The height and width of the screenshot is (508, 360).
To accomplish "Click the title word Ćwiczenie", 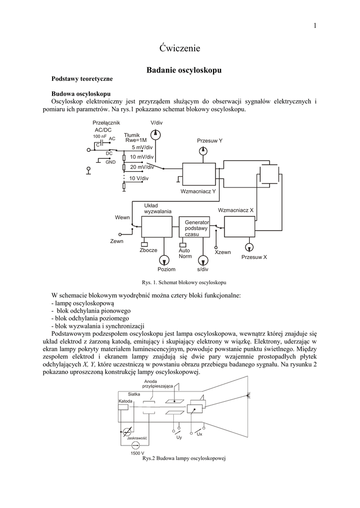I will [180, 48].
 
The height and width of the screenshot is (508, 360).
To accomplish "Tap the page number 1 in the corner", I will [315, 26].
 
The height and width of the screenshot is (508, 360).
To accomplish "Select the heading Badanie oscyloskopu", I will [184, 70].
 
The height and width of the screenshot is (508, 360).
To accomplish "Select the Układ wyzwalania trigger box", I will [156, 227].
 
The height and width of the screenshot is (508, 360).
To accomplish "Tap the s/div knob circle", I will [202, 259].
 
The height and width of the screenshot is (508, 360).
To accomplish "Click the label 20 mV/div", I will [143, 167].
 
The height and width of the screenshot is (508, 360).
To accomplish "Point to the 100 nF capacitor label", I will [99, 136].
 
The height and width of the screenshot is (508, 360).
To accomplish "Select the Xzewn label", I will [222, 253].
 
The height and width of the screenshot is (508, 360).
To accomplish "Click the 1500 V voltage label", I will [138, 453].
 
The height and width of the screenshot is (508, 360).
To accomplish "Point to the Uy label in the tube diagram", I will [179, 438].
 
